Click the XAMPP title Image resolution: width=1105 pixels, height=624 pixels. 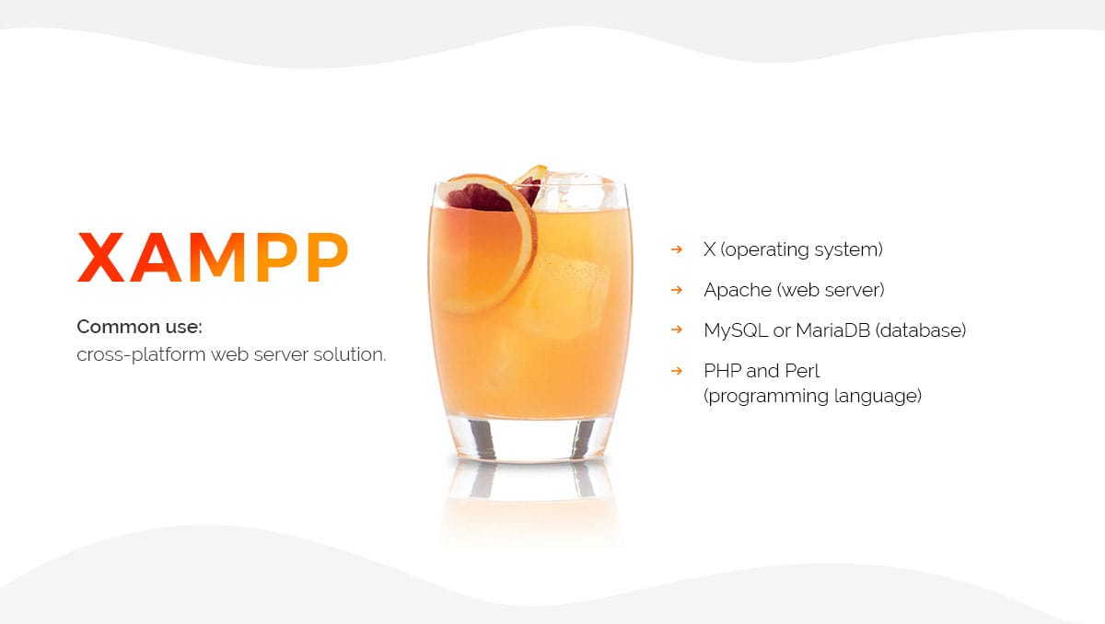[x=213, y=257]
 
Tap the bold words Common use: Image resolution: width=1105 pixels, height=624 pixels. [x=140, y=327]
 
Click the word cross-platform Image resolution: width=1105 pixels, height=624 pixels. [x=141, y=355]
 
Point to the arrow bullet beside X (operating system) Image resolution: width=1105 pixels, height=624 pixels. [x=677, y=249]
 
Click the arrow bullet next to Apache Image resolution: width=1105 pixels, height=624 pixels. [x=677, y=290]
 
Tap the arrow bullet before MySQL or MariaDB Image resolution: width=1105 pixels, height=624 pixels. [x=677, y=329]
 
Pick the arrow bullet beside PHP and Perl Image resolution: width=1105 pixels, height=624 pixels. [x=677, y=371]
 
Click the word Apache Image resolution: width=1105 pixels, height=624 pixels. [x=738, y=290]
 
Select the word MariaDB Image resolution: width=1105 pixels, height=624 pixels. [x=832, y=330]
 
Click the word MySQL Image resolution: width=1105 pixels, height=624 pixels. [x=736, y=331]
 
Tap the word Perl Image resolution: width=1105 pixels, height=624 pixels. [x=802, y=371]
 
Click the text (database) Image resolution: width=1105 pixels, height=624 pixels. [x=921, y=330]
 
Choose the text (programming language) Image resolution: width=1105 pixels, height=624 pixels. [x=812, y=397]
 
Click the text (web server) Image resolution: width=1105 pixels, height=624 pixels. [x=831, y=290]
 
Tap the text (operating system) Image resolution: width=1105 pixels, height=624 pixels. [x=802, y=250]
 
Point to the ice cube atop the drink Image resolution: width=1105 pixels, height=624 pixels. [x=576, y=191]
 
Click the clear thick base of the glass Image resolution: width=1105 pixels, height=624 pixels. [x=530, y=440]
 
